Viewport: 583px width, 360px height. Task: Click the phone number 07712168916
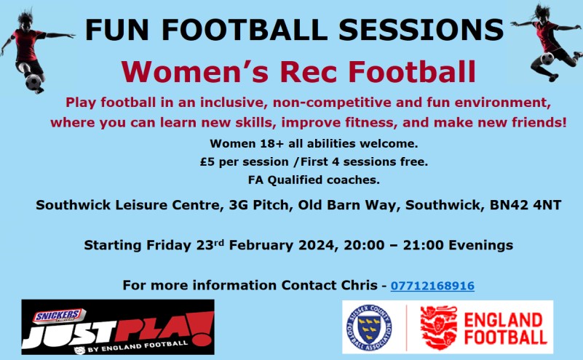pyautogui.click(x=432, y=286)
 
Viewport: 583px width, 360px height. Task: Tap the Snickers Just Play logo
pyautogui.click(x=118, y=327)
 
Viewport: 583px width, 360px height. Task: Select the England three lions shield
pyautogui.click(x=439, y=327)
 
